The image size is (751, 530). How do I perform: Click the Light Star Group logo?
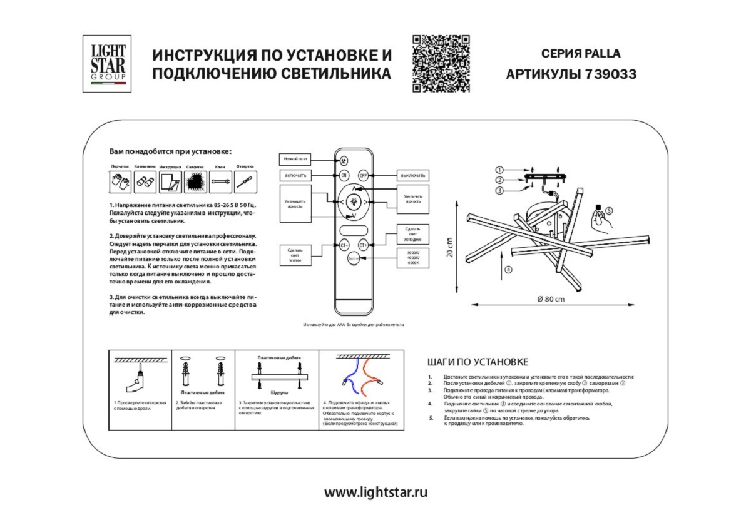107,64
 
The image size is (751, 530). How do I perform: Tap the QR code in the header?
441,64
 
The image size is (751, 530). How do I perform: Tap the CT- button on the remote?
344,245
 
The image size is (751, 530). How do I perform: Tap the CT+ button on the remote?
363,245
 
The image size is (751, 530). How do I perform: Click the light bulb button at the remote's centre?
354,201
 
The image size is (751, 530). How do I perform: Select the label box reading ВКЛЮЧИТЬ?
296,176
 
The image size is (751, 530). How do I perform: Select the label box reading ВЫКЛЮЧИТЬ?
414,176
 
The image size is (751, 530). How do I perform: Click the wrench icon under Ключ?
220,182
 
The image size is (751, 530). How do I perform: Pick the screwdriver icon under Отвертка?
245,182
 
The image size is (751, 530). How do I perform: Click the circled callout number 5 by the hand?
610,211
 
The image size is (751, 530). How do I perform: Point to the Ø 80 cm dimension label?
551,298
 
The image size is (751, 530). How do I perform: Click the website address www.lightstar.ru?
375,492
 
